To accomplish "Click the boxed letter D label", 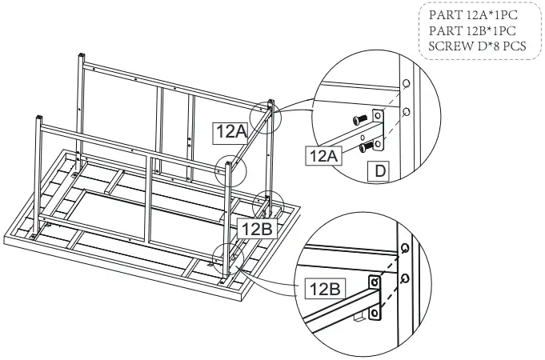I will pyautogui.click(x=379, y=170).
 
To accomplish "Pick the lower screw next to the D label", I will pyautogui.click(x=366, y=146).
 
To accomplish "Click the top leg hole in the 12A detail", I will pyautogui.click(x=406, y=83).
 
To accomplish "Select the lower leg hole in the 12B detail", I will pyautogui.click(x=406, y=278).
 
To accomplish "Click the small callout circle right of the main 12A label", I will pyautogui.click(x=266, y=116).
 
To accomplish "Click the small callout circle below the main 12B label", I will pyautogui.click(x=227, y=258).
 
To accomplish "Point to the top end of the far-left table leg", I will pyautogui.click(x=38, y=120).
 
